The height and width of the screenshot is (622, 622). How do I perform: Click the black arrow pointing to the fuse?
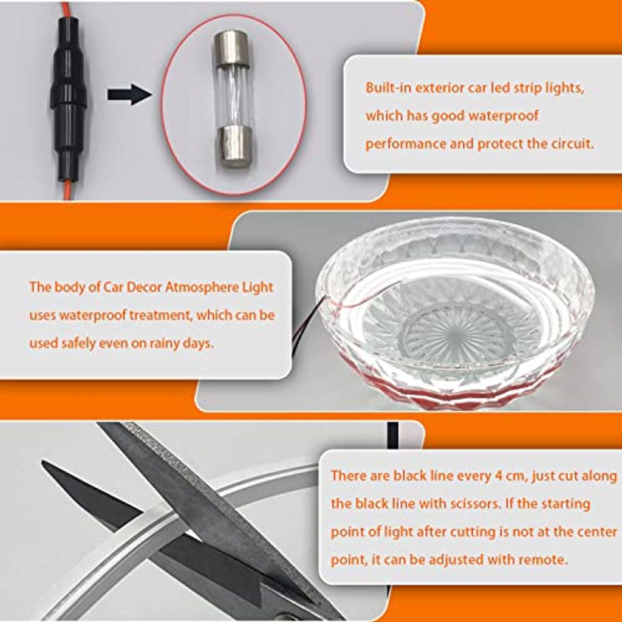coord(129,94)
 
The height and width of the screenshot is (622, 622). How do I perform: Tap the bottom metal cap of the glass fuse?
coord(234,146)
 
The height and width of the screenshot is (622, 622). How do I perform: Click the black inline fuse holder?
coord(68,99)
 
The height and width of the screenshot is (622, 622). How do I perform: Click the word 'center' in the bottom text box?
coord(598,532)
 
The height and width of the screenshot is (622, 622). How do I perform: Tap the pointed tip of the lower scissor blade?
coord(43,462)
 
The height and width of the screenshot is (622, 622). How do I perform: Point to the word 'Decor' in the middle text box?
coord(143,287)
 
